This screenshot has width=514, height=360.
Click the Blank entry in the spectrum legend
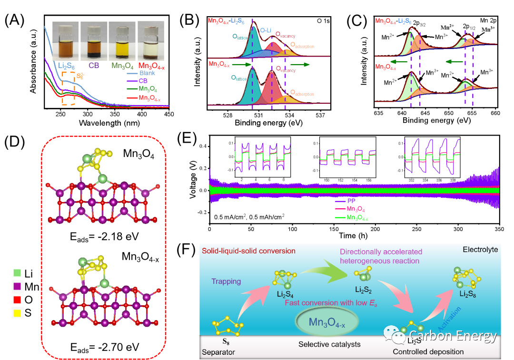pos(148,73)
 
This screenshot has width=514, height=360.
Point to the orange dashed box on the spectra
pos(68,88)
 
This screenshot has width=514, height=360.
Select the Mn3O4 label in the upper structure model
pos(138,154)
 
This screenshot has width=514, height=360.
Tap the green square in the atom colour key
pos(17,273)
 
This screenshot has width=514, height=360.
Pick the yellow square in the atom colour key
pos(17,313)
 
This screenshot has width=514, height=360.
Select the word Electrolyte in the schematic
pos(480,249)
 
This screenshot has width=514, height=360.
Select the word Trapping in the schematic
pos(227,282)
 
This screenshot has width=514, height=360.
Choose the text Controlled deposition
pos(428,352)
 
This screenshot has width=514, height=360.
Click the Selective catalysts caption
pos(329,344)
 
